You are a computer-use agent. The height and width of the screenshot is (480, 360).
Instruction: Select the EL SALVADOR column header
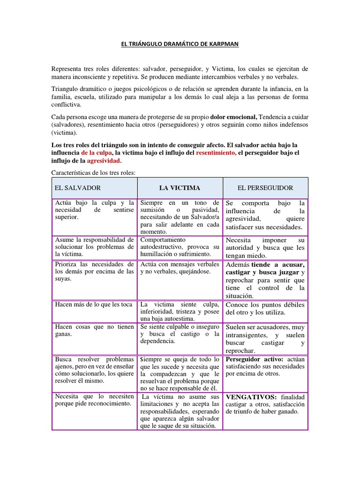[x=78, y=188]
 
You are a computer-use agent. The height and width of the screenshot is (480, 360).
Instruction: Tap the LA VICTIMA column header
[x=180, y=188]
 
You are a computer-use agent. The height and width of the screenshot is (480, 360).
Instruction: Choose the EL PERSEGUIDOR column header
[x=265, y=188]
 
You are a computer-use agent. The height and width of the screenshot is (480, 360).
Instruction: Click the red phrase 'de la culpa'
[x=97, y=153]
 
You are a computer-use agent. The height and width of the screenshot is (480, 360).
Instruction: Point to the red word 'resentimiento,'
[x=216, y=153]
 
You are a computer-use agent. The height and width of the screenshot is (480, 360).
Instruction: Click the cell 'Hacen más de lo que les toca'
[x=94, y=304]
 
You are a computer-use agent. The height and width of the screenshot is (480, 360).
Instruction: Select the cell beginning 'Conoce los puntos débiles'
[x=265, y=305]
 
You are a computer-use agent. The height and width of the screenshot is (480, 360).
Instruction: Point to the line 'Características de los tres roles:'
[x=93, y=172]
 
